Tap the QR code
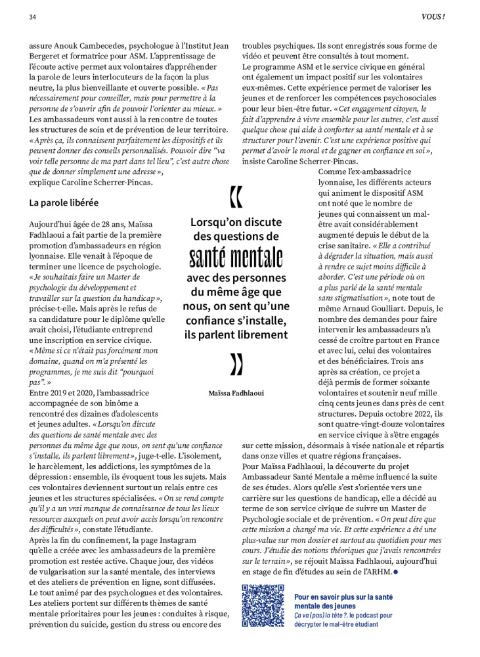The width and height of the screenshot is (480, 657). click(x=263, y=605)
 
